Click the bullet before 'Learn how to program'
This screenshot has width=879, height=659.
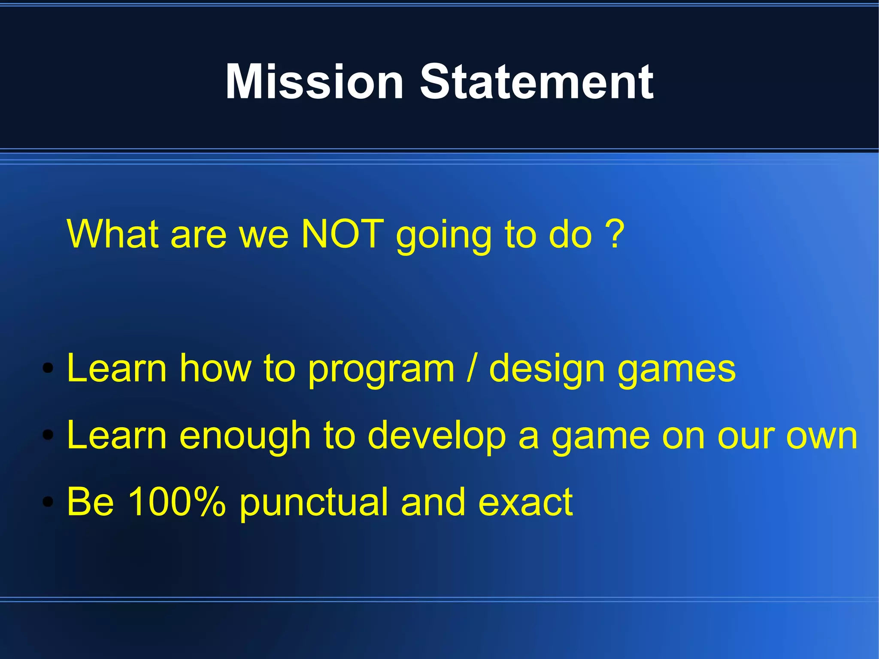[48, 368]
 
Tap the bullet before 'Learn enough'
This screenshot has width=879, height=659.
[48, 435]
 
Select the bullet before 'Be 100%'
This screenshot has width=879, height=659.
[48, 501]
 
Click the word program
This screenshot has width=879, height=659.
[381, 370]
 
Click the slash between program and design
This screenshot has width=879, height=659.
[472, 368]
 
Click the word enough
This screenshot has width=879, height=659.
[245, 437]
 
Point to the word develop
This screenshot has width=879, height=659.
[436, 437]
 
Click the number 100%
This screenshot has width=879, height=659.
[176, 501]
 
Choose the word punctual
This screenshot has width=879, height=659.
[313, 503]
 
